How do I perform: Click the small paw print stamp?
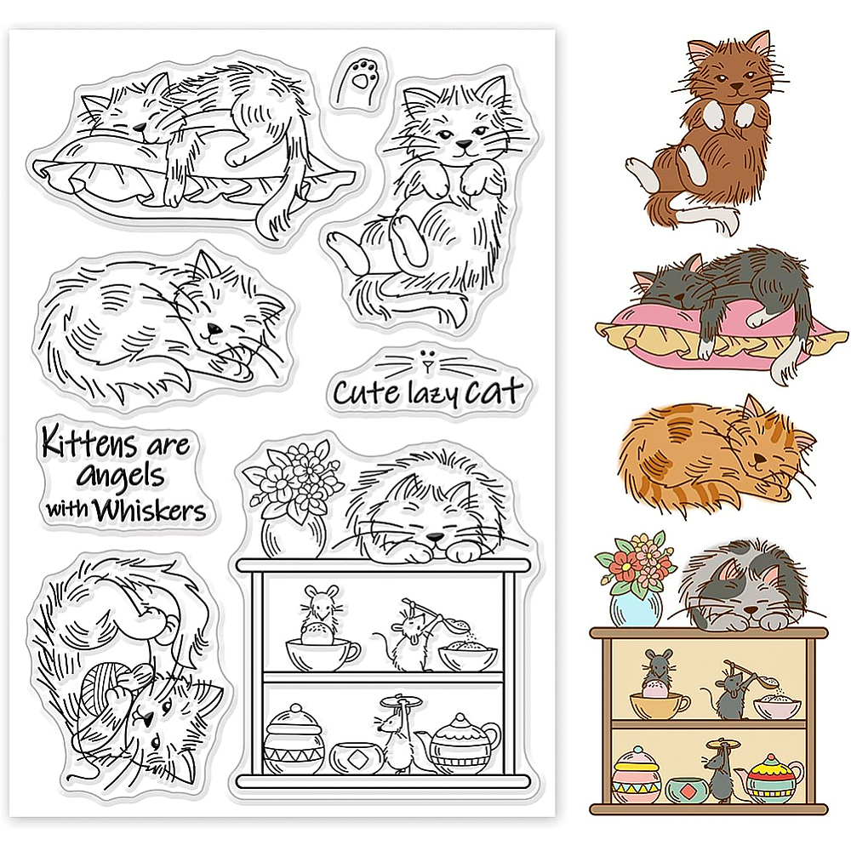[359, 78]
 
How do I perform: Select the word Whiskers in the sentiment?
[149, 509]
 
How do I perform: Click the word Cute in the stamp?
[365, 391]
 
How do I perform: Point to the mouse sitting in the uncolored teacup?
[317, 615]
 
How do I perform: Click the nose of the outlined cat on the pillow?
[140, 129]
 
